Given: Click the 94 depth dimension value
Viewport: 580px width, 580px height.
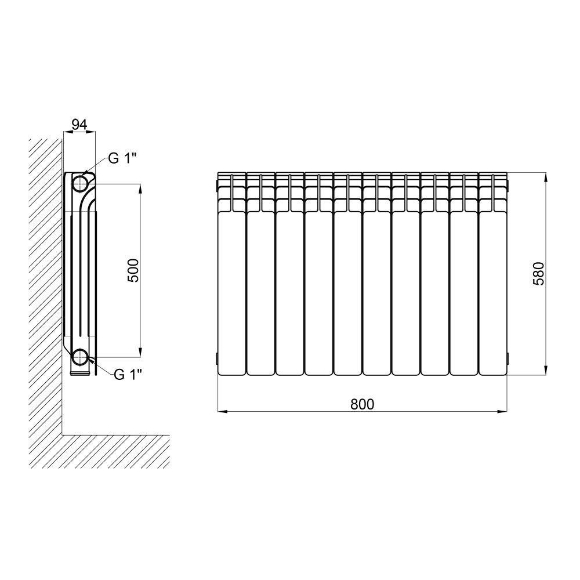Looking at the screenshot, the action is pos(79,125).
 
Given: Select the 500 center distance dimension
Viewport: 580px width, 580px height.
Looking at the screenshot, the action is pos(133,270).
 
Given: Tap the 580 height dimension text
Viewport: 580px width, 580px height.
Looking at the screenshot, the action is pos(539,273).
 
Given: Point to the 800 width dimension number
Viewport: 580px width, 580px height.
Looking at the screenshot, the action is pos(362,404).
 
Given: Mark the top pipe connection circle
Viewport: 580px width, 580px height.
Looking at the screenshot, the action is pos(80,183).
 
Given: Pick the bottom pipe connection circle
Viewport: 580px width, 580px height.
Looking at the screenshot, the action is pos(80,357).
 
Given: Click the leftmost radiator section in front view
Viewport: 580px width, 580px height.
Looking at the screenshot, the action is pos(232,274).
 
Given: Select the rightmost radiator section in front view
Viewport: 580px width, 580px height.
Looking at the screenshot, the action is pos(492,274).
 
